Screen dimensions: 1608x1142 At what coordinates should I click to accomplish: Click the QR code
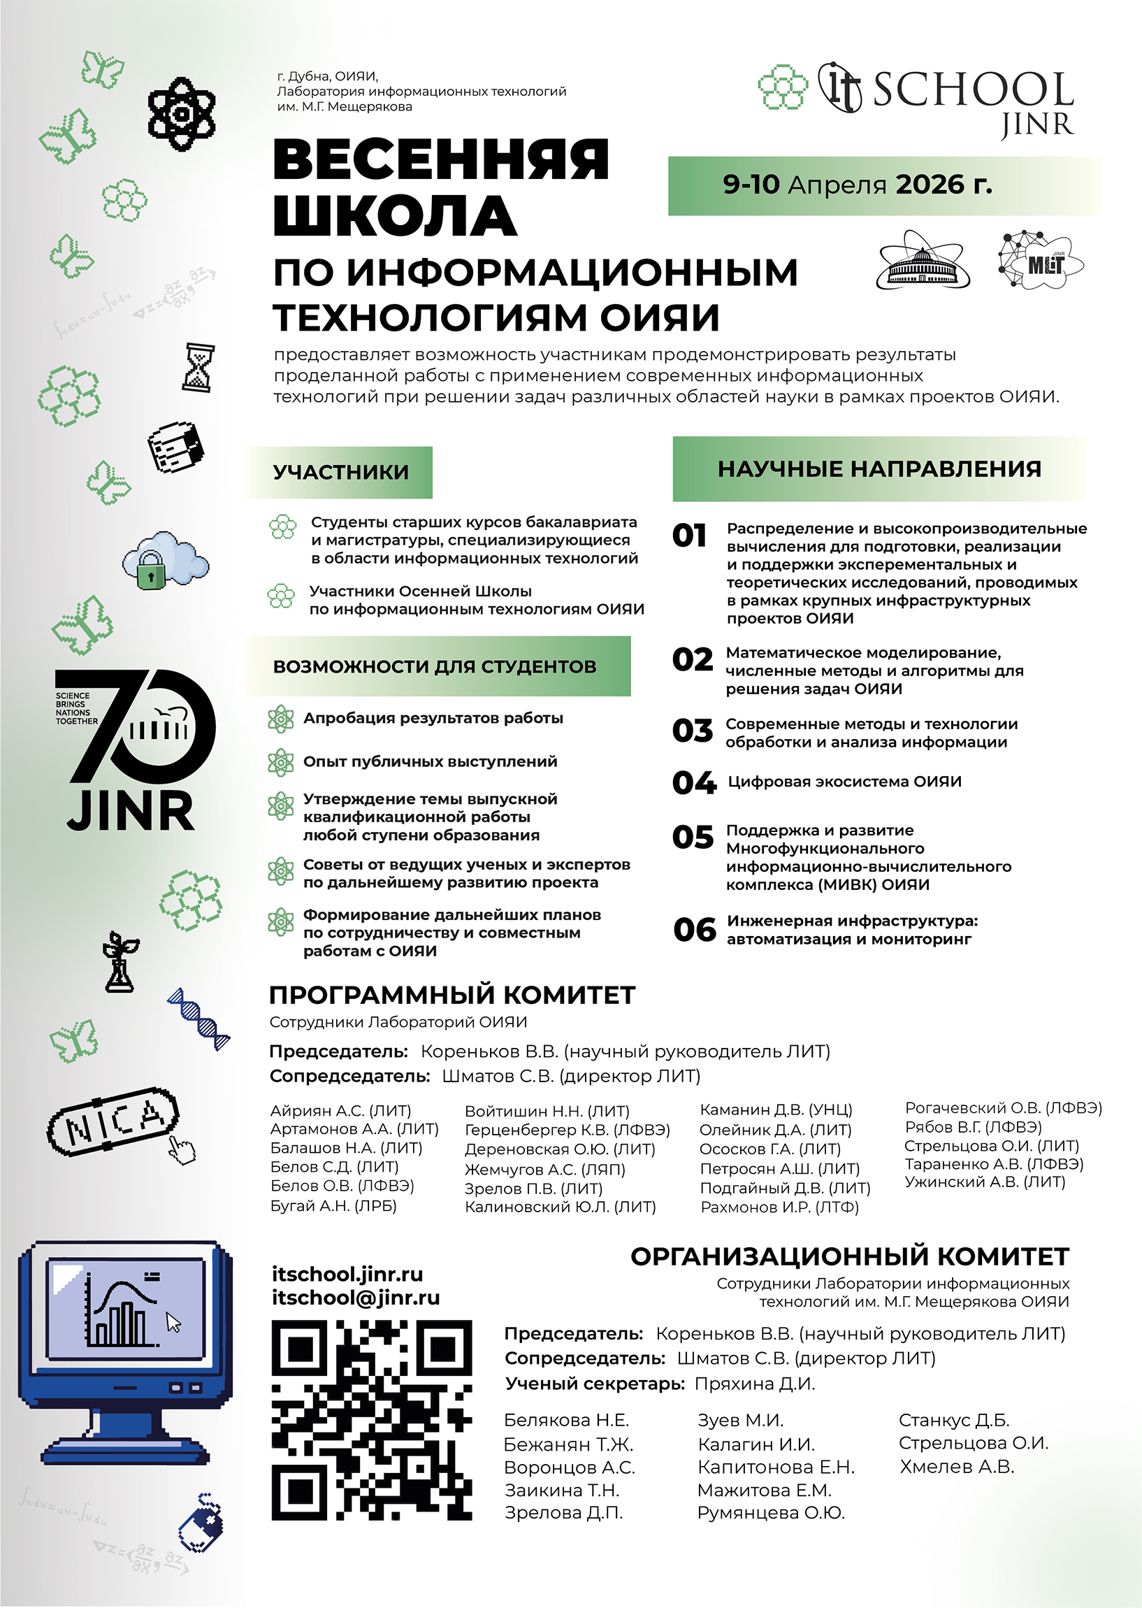click(x=371, y=1419)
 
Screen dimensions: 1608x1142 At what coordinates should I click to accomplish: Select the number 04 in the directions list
click(x=693, y=782)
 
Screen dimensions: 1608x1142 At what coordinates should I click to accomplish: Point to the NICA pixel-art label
click(x=113, y=1121)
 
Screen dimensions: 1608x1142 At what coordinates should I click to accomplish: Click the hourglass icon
click(x=198, y=367)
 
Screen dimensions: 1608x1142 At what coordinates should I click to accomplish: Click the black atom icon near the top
click(x=182, y=114)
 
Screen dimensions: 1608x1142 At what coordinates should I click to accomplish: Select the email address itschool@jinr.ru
click(x=356, y=1297)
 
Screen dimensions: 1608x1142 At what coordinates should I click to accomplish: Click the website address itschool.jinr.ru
click(x=347, y=1274)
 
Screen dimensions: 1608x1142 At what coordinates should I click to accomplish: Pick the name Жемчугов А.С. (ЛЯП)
click(x=544, y=1169)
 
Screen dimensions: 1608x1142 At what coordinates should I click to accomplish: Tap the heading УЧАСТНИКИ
click(x=340, y=472)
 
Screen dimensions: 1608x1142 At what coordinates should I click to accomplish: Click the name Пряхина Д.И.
click(x=755, y=1384)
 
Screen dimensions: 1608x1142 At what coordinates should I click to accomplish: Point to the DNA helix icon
click(x=199, y=1019)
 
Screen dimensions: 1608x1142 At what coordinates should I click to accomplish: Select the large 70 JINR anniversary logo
click(x=133, y=749)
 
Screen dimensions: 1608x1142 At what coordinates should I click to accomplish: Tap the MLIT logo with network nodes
click(x=1040, y=260)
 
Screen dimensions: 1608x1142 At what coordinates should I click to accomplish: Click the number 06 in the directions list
click(x=694, y=930)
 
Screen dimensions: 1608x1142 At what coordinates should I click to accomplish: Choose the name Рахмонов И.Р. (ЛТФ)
click(x=779, y=1207)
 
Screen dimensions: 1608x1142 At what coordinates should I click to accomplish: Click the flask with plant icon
click(x=120, y=962)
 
